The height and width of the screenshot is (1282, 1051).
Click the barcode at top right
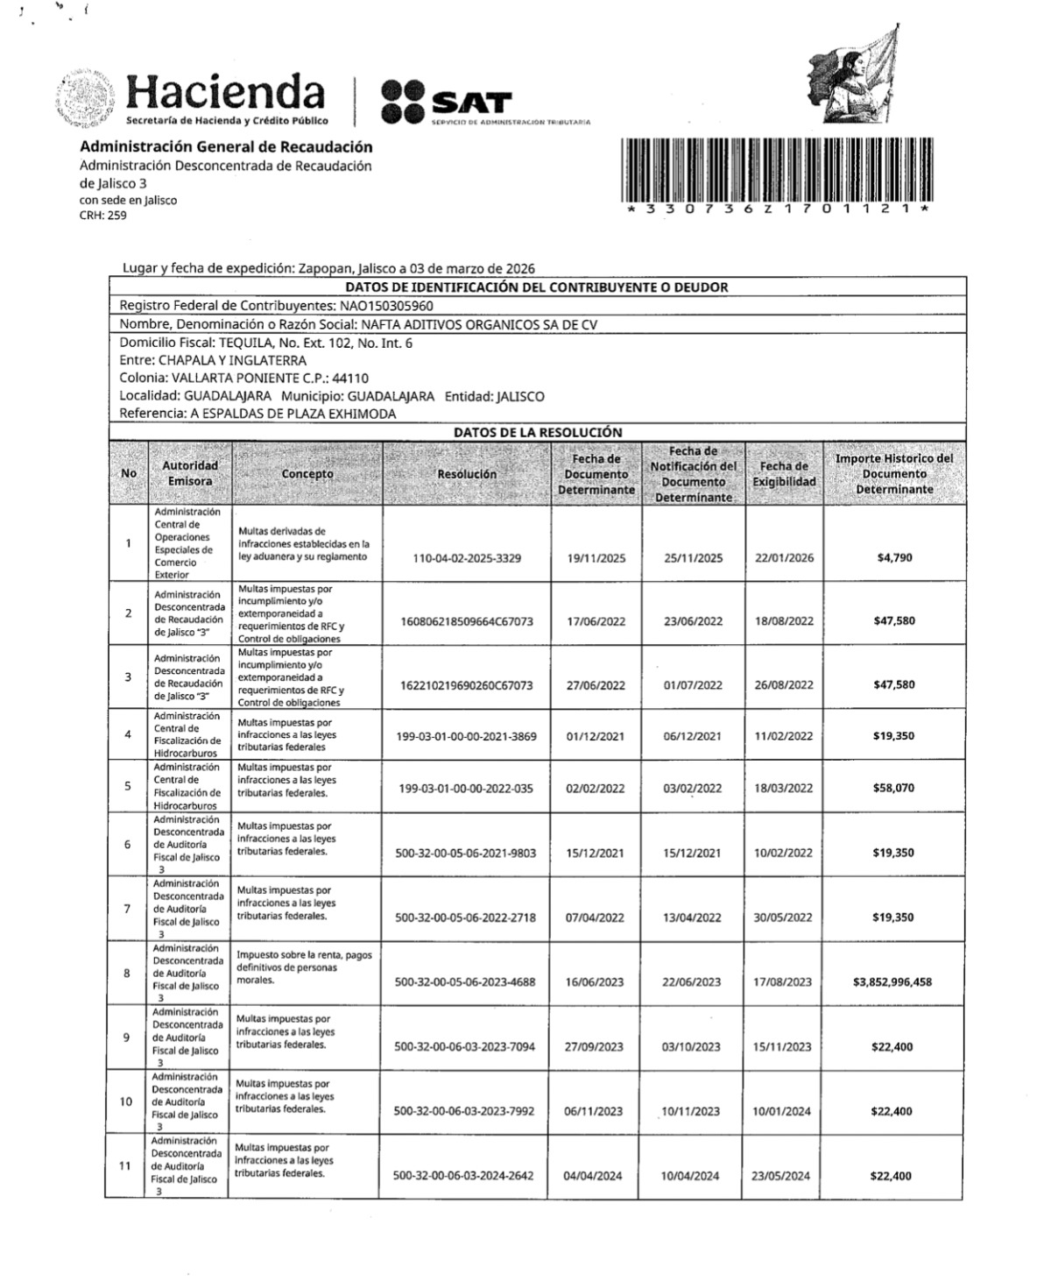777,170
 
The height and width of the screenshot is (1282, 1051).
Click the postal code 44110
351,379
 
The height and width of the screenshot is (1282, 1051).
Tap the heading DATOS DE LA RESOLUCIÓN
538,432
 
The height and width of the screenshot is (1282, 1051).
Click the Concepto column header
307,474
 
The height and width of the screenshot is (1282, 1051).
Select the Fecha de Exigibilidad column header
784,474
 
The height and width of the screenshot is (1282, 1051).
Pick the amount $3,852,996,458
892,982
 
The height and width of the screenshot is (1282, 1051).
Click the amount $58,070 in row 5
893,788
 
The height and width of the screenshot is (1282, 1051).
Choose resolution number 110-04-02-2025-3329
467,558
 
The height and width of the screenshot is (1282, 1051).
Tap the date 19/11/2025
596,558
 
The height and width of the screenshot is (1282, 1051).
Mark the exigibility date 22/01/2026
784,558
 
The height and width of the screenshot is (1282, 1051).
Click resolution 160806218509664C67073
467,621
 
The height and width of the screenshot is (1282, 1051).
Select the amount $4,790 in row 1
894,557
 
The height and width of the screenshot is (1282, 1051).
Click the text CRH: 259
102,216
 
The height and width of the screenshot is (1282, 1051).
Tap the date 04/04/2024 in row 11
593,1176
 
